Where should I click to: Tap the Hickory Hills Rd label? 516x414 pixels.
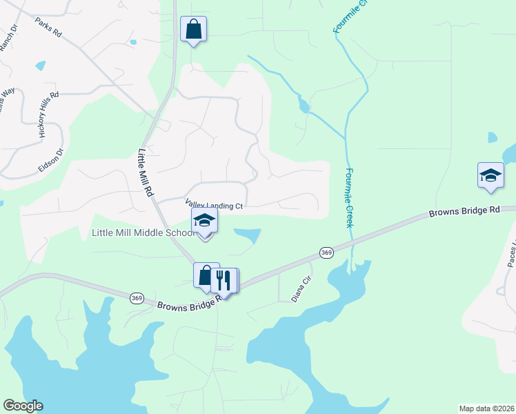[49, 115]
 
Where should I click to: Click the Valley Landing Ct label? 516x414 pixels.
[215, 205]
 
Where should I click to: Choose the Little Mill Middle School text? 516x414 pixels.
[143, 233]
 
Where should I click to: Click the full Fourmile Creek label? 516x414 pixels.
[350, 198]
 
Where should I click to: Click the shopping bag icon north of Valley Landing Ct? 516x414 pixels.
[194, 30]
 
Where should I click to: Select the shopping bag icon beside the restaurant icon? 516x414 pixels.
[206, 276]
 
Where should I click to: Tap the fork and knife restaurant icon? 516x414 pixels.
[222, 280]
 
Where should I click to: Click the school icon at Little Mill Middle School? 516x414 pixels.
[204, 221]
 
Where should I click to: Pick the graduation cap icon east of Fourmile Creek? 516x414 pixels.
[490, 175]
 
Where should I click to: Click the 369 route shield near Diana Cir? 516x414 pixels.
[326, 253]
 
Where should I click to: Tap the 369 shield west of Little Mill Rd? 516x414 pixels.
[136, 297]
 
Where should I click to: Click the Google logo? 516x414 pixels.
[23, 406]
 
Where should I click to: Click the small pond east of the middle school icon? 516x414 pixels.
[249, 235]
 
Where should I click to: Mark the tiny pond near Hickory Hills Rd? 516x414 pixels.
[41, 66]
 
